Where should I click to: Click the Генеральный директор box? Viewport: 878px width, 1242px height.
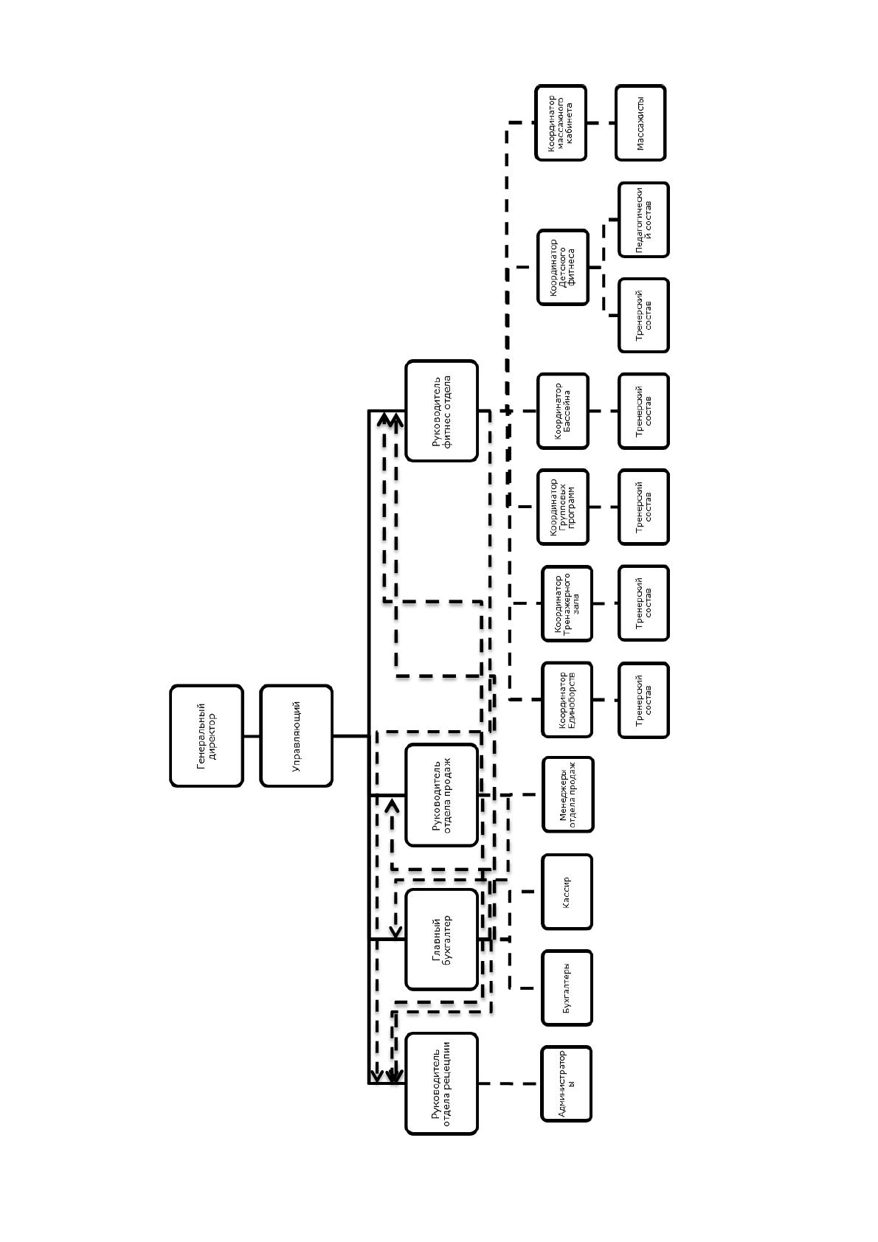(207, 736)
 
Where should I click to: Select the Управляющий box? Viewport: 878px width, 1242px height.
(296, 736)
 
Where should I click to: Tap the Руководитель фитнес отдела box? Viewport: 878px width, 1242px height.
(441, 411)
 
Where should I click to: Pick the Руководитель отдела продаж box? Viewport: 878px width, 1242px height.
(441, 795)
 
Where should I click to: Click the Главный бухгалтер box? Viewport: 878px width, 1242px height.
(441, 940)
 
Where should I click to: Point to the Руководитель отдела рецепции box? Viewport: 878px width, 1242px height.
(441, 1083)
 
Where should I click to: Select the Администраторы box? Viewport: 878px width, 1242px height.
(567, 1083)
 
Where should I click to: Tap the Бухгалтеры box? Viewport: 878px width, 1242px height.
(567, 988)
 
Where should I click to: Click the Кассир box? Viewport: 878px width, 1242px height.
(567, 892)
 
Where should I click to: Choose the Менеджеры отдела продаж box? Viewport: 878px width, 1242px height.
(568, 794)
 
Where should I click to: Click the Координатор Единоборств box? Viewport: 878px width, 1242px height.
(567, 700)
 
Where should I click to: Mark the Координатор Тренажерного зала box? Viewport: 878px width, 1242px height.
(567, 603)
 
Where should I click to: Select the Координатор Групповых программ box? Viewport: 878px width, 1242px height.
(563, 507)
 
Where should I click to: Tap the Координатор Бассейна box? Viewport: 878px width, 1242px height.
(563, 411)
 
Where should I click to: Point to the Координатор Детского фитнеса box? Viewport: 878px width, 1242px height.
(563, 267)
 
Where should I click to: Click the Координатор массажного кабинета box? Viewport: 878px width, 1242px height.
(561, 122)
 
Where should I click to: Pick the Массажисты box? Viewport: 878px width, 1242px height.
(640, 122)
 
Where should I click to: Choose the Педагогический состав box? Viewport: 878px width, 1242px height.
(643, 220)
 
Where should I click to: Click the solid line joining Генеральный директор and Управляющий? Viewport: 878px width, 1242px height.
(252, 736)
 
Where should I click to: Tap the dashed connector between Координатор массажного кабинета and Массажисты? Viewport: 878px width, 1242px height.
(601, 122)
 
